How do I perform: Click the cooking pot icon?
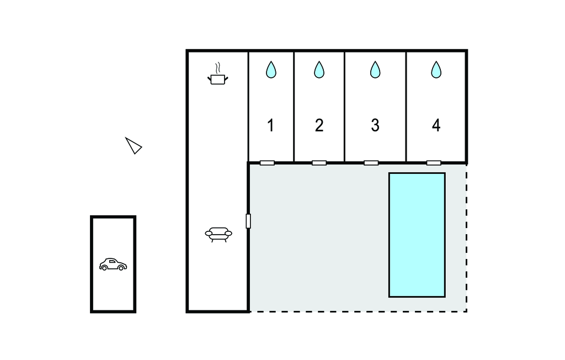[218, 80]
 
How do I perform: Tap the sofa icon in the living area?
[218, 234]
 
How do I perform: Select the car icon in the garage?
[113, 264]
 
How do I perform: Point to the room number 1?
[270, 126]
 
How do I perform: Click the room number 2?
[319, 126]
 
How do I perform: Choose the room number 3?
[375, 126]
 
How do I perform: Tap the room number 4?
[436, 126]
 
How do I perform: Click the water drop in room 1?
[271, 70]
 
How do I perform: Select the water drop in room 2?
[319, 70]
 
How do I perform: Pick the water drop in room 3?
[375, 70]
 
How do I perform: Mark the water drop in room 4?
[436, 70]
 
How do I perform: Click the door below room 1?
[267, 163]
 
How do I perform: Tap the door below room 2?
[319, 163]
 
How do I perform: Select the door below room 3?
[371, 163]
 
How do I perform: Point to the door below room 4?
[434, 163]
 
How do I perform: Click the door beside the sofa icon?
[248, 221]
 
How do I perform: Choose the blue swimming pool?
[417, 235]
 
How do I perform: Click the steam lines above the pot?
[218, 68]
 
